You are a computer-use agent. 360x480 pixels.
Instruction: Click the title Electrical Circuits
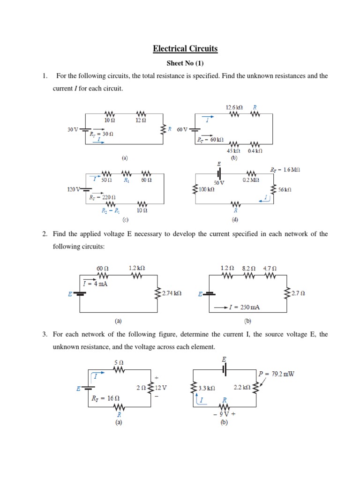(185, 48)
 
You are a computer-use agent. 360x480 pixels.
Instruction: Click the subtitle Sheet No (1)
(185, 63)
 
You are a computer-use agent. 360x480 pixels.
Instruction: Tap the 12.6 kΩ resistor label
(234, 107)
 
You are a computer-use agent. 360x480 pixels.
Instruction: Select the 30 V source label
(72, 129)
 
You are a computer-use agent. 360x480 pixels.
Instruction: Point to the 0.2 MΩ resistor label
(250, 180)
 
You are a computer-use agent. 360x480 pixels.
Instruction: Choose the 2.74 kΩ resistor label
(171, 293)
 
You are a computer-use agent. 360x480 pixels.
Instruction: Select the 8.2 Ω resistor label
(249, 268)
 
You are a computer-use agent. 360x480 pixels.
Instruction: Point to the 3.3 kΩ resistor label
(206, 388)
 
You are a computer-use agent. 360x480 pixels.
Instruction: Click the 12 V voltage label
(161, 388)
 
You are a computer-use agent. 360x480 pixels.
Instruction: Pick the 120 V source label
(74, 189)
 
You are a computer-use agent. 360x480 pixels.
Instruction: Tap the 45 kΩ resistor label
(233, 151)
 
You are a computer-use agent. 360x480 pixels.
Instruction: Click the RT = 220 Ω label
(102, 197)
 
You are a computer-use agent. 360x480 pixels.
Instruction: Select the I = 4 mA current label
(95, 284)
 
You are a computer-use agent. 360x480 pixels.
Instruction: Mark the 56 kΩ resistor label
(284, 189)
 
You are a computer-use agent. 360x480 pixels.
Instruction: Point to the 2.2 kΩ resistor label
(242, 388)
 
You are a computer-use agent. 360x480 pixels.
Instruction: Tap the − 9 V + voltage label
(224, 414)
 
